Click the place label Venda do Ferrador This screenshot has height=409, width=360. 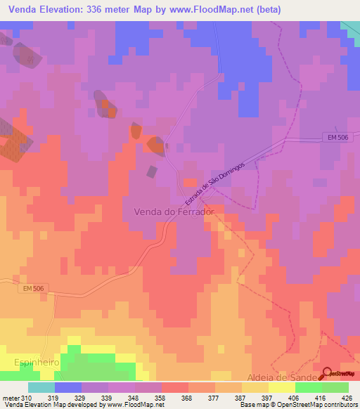pyautogui.click(x=173, y=211)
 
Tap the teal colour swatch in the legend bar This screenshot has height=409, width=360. pyautogui.click(x=41, y=387)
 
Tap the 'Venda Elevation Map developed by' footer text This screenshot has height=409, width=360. pyautogui.click(x=48, y=405)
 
